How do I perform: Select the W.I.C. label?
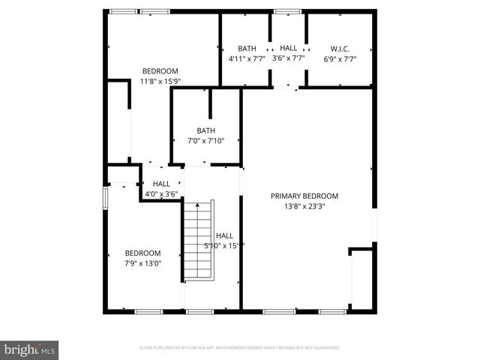(x=340, y=49)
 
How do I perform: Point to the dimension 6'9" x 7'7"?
(x=340, y=58)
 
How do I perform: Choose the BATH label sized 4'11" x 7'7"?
(x=247, y=49)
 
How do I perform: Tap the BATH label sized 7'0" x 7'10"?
(x=205, y=130)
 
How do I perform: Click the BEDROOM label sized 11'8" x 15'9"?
(x=160, y=71)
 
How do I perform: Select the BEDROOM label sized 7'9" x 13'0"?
(x=142, y=253)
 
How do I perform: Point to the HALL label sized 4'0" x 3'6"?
(x=161, y=184)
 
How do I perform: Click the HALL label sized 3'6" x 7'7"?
(x=288, y=49)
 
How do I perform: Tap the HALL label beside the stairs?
(x=224, y=235)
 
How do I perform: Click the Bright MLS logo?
(x=29, y=349)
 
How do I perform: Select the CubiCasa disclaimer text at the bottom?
(x=240, y=348)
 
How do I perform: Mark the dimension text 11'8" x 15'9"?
(x=160, y=81)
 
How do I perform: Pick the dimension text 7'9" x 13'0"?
(x=142, y=262)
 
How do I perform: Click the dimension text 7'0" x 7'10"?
(x=205, y=140)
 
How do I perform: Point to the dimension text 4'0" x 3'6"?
(x=161, y=193)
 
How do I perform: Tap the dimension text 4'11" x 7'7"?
(x=247, y=58)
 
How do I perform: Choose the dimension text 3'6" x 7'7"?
(x=288, y=58)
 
